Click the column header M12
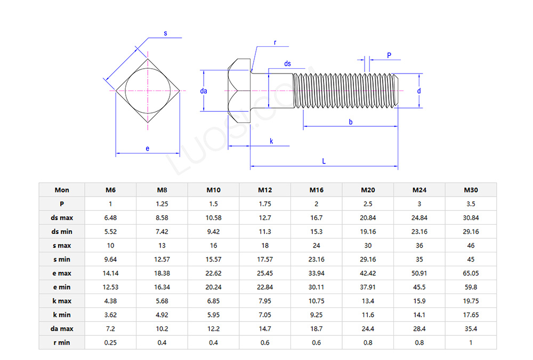coord(265,190)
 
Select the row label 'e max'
coord(62,273)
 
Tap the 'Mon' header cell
coord(62,190)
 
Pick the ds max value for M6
coord(110,218)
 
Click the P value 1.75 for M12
coord(265,204)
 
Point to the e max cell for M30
coord(471,273)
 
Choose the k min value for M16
coord(316,315)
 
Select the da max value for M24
coord(419,329)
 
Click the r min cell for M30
coord(471,342)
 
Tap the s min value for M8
coord(162,259)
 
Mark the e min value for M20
coord(368,287)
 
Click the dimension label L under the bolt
coord(324,161)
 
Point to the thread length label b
coord(351,122)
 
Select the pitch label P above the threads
coord(389,55)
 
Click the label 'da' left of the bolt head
coord(204,91)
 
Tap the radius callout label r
coord(275,42)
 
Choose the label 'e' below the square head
coord(148,149)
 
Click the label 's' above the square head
coord(165,33)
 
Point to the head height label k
coord(271,141)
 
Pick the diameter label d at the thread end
coord(419,91)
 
